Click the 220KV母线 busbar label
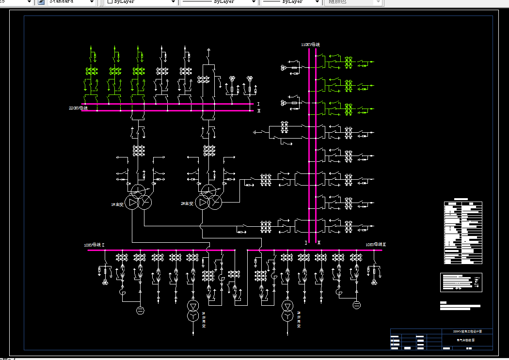[78, 108]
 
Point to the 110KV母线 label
[310, 45]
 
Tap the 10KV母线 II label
[376, 245]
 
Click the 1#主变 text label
[118, 204]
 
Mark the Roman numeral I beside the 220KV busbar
[258, 104]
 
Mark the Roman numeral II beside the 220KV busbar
[258, 111]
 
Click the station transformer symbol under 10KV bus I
[193, 311]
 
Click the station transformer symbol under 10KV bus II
[288, 311]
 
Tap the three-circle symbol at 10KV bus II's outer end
[374, 282]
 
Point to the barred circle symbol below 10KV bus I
[140, 310]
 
